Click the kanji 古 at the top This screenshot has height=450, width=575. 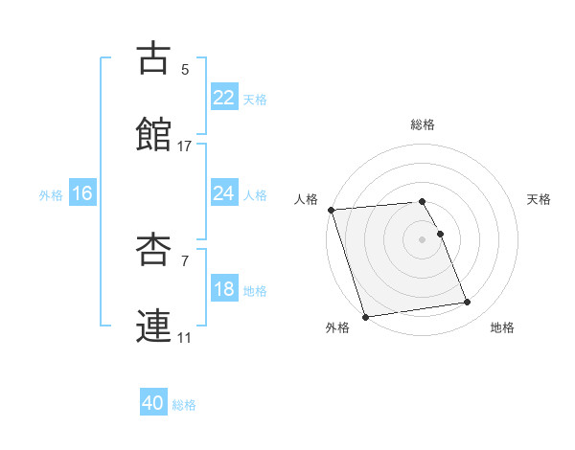[155, 58]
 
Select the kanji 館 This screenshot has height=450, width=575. [155, 135]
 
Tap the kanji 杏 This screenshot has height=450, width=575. [155, 250]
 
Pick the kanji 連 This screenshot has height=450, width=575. [155, 326]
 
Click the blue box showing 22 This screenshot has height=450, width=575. [224, 97]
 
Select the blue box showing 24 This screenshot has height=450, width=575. [224, 193]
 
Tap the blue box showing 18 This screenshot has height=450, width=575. [224, 289]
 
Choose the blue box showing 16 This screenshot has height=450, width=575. [82, 193]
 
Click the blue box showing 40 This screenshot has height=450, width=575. [153, 404]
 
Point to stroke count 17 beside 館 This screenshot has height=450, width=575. [185, 146]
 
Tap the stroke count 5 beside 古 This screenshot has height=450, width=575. [185, 70]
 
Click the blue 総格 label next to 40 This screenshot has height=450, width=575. [184, 405]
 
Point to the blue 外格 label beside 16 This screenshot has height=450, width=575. [51, 194]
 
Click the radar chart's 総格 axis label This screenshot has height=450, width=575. [423, 124]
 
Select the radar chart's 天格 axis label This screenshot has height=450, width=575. [540, 199]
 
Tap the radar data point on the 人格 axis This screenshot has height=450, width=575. [331, 210]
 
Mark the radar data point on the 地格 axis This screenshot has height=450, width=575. [468, 303]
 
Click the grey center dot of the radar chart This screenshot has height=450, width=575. [423, 239]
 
